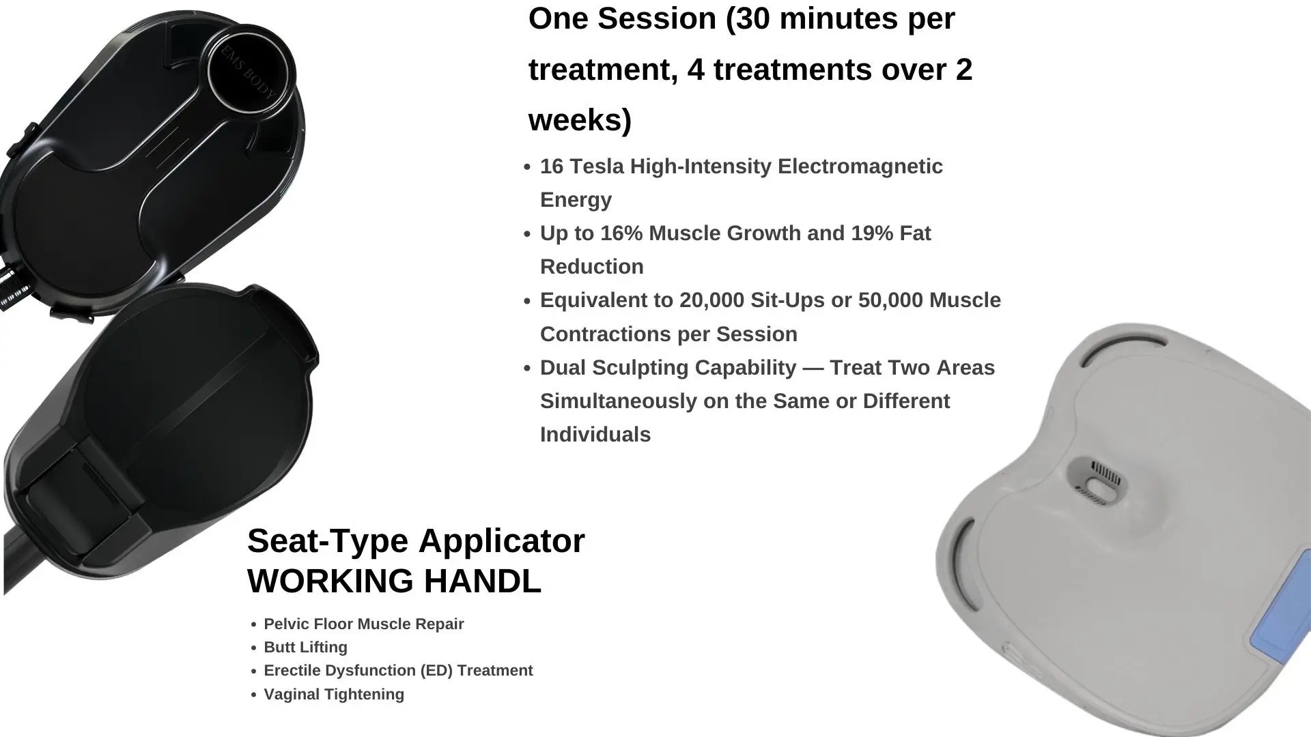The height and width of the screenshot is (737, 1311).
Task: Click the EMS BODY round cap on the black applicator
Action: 251,72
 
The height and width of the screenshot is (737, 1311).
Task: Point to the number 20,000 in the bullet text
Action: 712,300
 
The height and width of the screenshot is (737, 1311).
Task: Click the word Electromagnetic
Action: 860,167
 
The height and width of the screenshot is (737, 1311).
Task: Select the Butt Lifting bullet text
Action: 305,647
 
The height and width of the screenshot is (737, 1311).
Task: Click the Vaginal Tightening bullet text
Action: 334,694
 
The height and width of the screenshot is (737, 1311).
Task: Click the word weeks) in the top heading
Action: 580,121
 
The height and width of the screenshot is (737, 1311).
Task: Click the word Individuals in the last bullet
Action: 595,435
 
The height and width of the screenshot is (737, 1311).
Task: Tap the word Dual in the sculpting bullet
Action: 563,368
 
